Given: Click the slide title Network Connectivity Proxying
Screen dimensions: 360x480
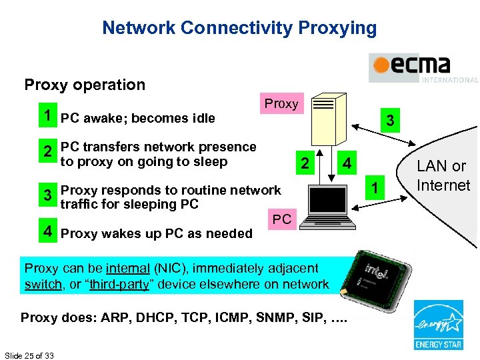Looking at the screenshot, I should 239,28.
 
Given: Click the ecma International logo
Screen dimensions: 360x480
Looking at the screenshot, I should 423,68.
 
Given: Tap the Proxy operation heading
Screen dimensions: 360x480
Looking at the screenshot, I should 85,85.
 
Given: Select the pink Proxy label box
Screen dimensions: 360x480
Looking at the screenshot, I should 281,104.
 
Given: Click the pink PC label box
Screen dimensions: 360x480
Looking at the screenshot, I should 281,219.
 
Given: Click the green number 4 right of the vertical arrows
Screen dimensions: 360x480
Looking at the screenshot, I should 347,163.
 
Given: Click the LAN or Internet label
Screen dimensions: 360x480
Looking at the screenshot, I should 443,175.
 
